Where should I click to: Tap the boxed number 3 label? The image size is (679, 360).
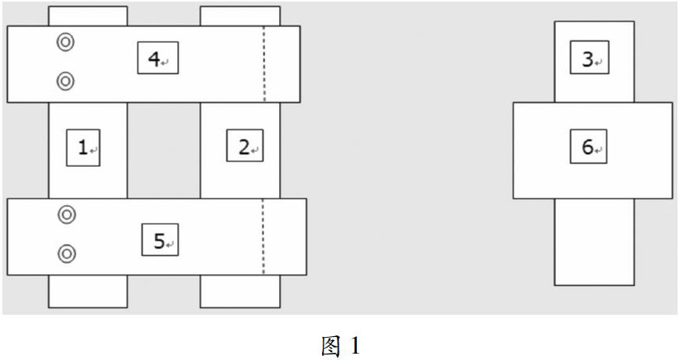[588, 59]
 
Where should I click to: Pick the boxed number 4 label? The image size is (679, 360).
[157, 57]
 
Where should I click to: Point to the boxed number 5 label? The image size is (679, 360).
[160, 240]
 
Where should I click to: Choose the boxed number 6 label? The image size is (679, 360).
[588, 147]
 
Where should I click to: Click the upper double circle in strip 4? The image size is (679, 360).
[66, 42]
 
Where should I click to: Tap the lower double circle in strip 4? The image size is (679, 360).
[66, 80]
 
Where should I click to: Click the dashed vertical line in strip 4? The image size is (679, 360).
[264, 64]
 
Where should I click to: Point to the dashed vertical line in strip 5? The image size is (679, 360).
[263, 236]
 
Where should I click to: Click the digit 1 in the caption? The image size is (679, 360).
[355, 346]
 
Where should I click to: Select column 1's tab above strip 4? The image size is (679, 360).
[87, 16]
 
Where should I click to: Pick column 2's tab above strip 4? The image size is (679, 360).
[239, 16]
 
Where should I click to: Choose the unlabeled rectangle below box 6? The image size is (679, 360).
[594, 242]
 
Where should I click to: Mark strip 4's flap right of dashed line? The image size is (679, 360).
[282, 64]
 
